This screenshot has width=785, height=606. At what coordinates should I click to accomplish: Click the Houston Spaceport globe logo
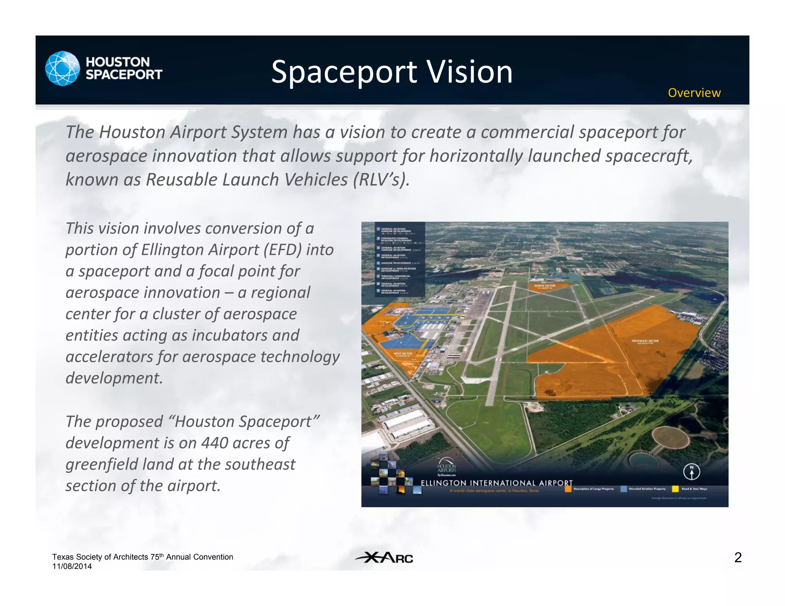[62, 69]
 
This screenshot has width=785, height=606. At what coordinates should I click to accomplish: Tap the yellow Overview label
[694, 93]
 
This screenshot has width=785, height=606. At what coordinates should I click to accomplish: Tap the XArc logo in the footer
[384, 557]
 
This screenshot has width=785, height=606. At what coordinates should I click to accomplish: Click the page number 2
[737, 557]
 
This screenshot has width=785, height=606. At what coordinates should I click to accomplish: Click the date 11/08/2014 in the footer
[72, 567]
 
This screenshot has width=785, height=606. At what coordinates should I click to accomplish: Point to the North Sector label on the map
[545, 286]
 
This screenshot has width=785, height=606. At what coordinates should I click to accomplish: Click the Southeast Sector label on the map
[645, 341]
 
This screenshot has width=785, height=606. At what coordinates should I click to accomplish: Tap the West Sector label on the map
[403, 354]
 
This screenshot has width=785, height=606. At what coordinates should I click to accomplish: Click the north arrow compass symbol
[691, 472]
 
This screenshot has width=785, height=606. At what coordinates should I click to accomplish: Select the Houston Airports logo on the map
[447, 465]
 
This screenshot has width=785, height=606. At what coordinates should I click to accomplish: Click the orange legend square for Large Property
[568, 489]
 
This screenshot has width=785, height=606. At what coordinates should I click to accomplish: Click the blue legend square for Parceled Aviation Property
[624, 489]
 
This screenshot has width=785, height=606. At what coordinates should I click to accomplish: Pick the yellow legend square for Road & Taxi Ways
[675, 489]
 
